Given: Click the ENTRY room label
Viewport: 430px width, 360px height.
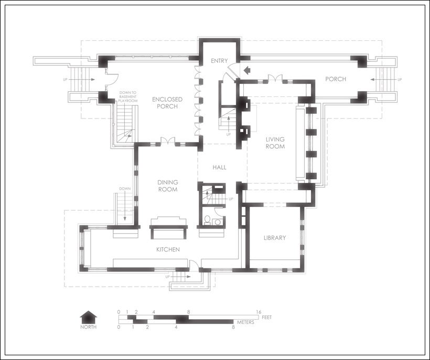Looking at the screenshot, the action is point(219,61).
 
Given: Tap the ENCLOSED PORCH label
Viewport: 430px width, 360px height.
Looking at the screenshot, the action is point(167,103).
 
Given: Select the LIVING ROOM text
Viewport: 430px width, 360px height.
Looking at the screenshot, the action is point(275,143).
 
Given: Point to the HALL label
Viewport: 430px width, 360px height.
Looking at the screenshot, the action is point(219,167).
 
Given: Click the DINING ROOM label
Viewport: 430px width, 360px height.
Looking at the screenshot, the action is point(168,186).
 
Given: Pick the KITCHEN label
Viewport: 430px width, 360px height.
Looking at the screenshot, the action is point(168,249).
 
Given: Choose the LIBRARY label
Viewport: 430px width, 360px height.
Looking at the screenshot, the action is point(275,238).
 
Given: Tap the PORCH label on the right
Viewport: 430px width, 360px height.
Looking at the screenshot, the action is point(336,79).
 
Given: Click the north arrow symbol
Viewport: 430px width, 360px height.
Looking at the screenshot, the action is point(88,317).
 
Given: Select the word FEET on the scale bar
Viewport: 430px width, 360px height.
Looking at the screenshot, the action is point(267,317).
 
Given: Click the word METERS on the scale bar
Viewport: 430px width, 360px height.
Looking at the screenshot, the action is point(246,322).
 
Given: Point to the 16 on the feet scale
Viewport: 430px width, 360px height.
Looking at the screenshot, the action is point(259,312).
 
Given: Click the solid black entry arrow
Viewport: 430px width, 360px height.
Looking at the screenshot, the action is point(247,70).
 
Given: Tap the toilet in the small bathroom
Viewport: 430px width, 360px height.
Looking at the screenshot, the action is point(208,220).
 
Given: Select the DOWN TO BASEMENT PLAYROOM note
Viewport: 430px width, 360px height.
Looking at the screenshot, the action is point(128,97).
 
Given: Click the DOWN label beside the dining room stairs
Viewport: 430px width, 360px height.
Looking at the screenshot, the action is point(125,189).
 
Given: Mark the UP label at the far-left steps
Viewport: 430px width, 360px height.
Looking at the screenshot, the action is point(65,80).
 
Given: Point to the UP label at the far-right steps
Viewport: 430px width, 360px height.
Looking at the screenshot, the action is point(400,80).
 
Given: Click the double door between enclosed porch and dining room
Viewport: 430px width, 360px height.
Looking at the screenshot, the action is point(168,140).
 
